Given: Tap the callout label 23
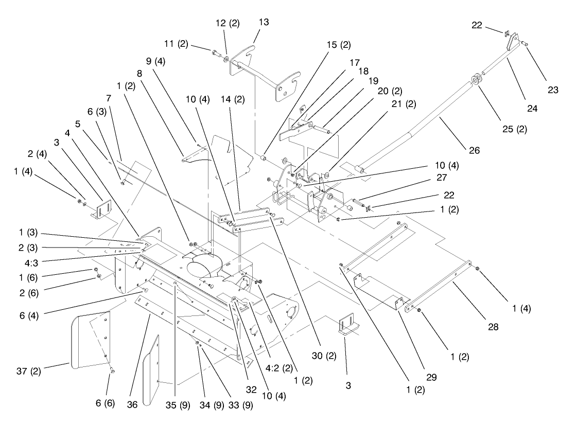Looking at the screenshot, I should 553,89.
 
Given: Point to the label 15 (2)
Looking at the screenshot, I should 339,45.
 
